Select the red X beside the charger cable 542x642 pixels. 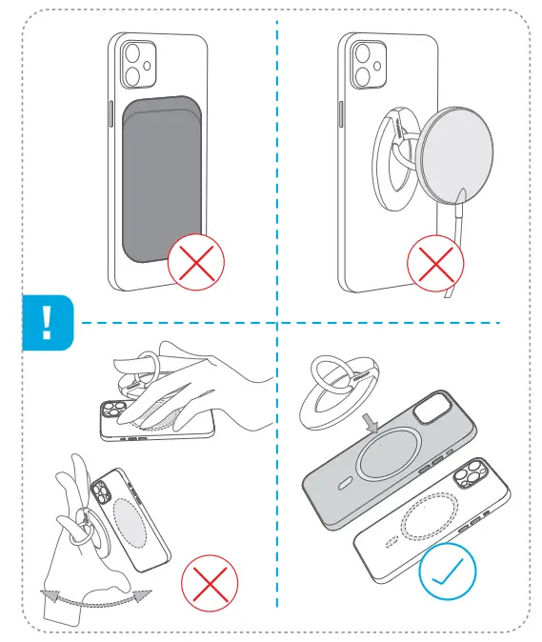coord(435,264)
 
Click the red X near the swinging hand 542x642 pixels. coord(210,584)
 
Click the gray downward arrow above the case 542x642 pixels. coord(378,413)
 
